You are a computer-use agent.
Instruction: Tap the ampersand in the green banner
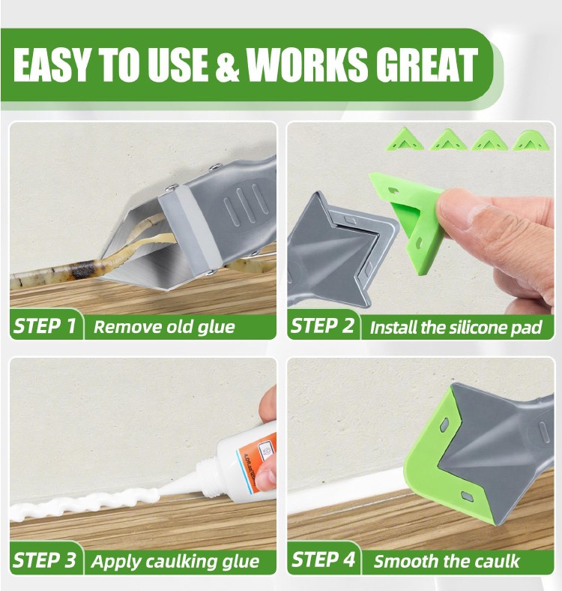pos(227,65)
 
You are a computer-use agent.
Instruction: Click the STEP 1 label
pos(45,326)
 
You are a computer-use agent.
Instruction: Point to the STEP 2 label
pos(323,326)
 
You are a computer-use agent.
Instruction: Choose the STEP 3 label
pos(45,560)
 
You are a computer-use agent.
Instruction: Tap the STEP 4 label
pos(323,559)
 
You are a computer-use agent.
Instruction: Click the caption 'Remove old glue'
pos(164,327)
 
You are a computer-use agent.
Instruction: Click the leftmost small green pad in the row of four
pos(405,139)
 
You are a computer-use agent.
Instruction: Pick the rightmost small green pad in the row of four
pos(532,140)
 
